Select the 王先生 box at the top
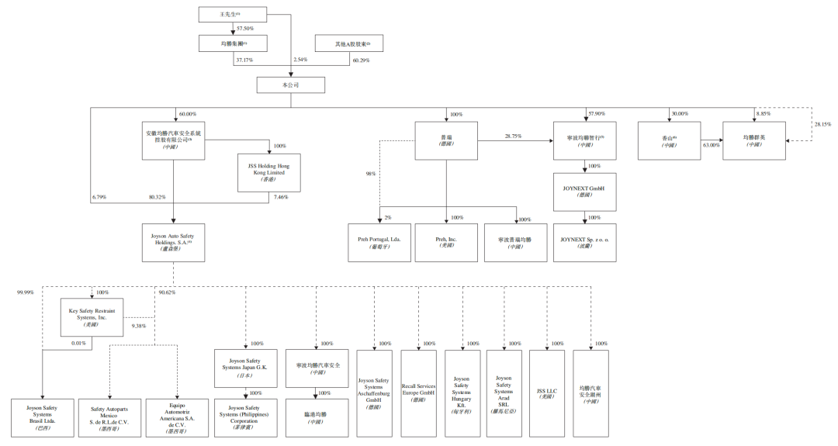pyautogui.click(x=233, y=14)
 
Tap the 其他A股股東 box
pyautogui.click(x=348, y=43)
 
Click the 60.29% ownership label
pyautogui.click(x=361, y=59)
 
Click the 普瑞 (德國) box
pyautogui.click(x=445, y=140)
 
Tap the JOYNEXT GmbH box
pyautogui.click(x=584, y=192)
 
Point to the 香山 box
pyautogui.click(x=669, y=140)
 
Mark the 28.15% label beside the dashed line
pyautogui.click(x=822, y=124)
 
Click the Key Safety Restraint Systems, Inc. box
pyautogui.click(x=92, y=317)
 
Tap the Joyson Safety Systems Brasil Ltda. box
pyautogui.click(x=42, y=417)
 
